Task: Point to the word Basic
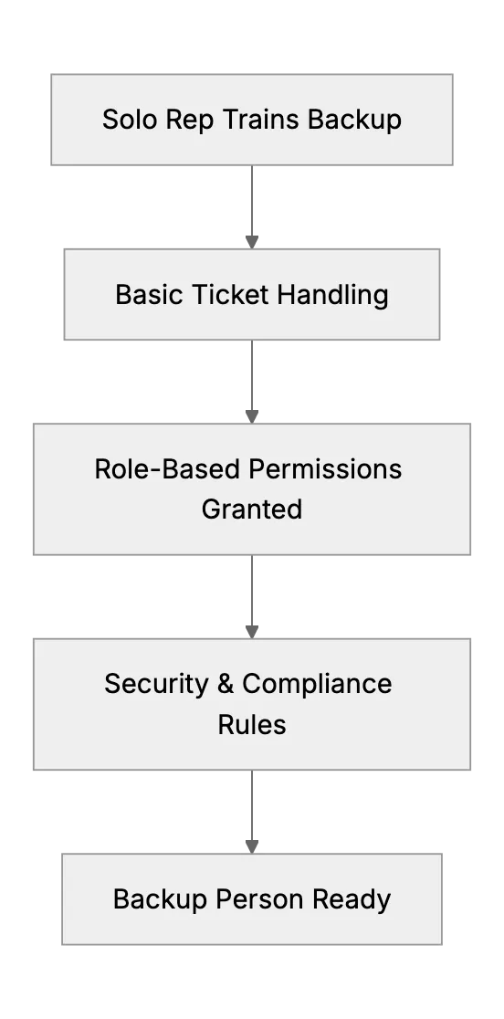point(150,294)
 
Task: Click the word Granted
point(252,509)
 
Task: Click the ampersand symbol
point(226,684)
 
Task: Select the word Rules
point(252,724)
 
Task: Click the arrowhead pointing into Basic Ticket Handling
point(252,242)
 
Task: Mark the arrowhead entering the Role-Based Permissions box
point(252,417)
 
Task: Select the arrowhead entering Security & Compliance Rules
point(252,633)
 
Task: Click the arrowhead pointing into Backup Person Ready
point(252,847)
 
